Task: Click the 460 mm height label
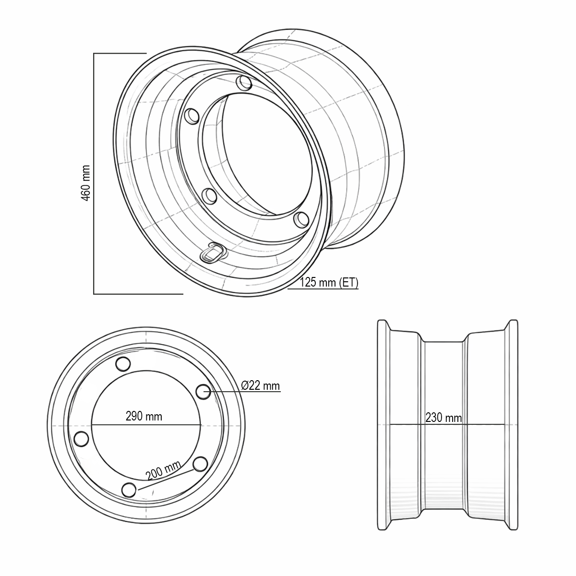click(x=86, y=183)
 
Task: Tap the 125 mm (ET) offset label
click(x=329, y=282)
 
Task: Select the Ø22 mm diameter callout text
click(x=261, y=385)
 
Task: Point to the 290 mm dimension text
click(x=144, y=416)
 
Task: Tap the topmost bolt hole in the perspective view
click(x=245, y=83)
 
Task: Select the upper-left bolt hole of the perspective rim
click(x=192, y=115)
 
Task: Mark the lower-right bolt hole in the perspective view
click(x=301, y=219)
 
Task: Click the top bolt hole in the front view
click(x=124, y=364)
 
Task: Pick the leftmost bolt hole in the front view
click(x=82, y=439)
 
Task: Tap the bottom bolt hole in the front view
click(x=128, y=490)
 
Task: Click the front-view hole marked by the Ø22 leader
click(x=204, y=391)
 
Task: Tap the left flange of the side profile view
click(x=382, y=424)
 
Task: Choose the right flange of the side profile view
click(x=513, y=424)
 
